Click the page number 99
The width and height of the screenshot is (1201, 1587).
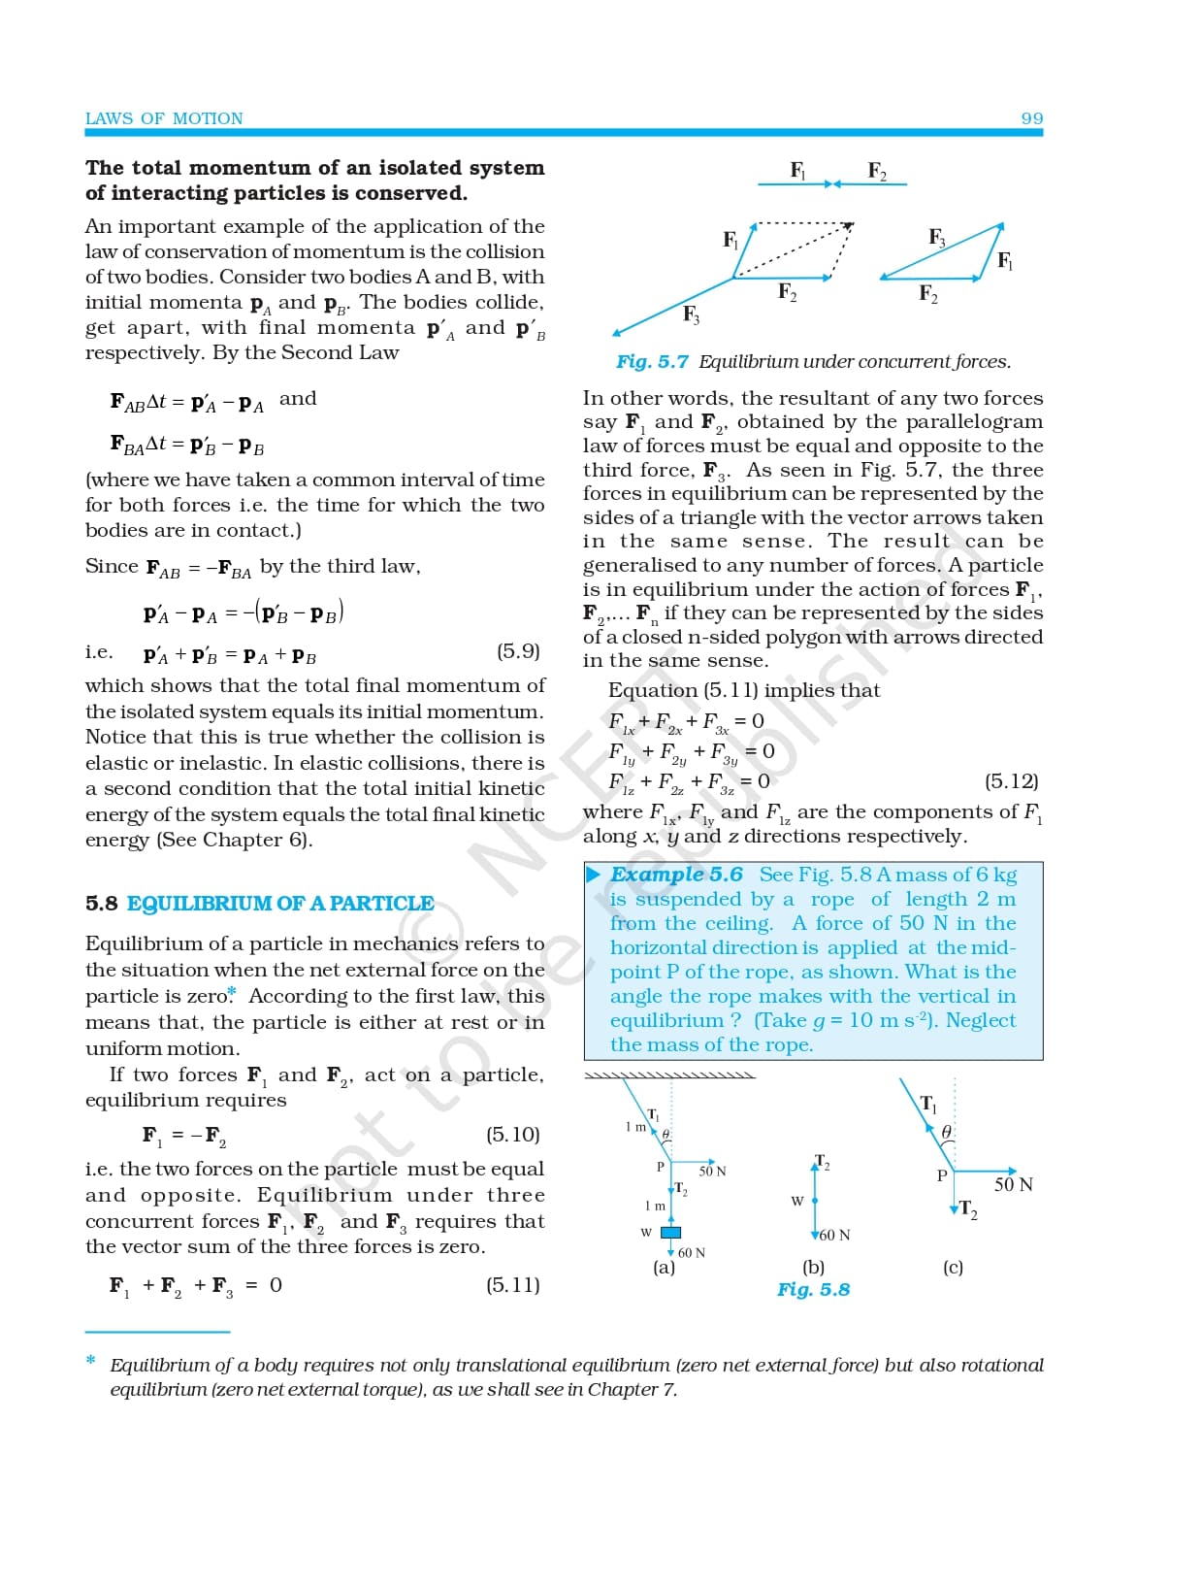coord(1031,118)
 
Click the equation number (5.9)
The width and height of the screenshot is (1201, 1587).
coord(518,651)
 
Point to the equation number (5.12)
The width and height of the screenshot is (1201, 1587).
coord(1012,780)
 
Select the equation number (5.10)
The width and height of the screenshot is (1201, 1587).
coord(512,1134)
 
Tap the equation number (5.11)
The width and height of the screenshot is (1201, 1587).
coord(512,1285)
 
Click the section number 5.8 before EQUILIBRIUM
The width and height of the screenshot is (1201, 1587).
coord(102,904)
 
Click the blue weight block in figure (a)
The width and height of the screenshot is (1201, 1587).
coord(670,1233)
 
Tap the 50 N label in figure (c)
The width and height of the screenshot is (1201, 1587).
coord(1013,1184)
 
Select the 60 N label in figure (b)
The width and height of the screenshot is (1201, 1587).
coord(834,1235)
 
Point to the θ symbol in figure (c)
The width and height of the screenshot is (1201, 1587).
coord(947,1132)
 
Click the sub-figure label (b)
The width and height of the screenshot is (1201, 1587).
coord(813,1267)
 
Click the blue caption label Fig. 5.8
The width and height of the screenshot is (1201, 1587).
coord(813,1290)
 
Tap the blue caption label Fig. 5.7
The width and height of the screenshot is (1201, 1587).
coord(652,362)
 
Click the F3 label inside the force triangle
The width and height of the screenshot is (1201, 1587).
coord(936,237)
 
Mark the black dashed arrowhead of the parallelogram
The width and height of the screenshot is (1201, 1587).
coord(848,227)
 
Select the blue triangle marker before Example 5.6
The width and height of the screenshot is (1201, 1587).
coord(594,875)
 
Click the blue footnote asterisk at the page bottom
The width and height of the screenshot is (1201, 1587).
coord(91,1361)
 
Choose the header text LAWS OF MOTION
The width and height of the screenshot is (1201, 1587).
coord(164,118)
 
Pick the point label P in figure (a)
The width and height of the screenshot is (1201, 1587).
coord(661,1167)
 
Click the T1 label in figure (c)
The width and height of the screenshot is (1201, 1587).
coord(928,1104)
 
